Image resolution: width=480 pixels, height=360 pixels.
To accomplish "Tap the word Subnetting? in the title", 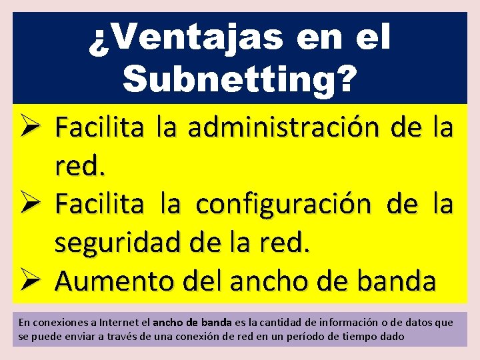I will pos(239,80).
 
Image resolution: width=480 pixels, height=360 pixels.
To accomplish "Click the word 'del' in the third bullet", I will pos(193,282).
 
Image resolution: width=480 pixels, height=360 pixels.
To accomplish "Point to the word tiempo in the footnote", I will pos(362,336).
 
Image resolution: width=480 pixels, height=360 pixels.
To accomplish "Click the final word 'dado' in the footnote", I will pos(393,336).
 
